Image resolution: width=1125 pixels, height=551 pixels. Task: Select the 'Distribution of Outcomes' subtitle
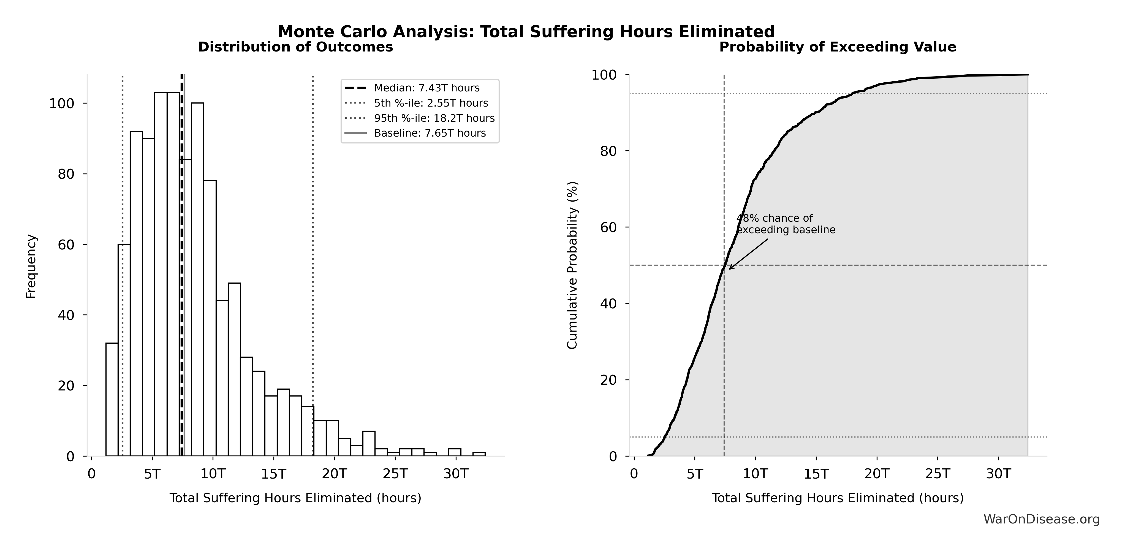(296, 47)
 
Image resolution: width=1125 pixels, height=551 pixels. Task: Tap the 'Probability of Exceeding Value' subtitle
(838, 47)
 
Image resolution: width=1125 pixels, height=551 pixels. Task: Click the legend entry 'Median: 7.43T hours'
(427, 88)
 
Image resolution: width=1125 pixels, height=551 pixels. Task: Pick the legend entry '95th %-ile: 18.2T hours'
(434, 118)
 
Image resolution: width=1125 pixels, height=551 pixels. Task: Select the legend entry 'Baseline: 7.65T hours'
(430, 133)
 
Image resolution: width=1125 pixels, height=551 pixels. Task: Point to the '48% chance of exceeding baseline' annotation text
(785, 224)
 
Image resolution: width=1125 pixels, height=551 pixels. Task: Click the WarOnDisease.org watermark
(1041, 519)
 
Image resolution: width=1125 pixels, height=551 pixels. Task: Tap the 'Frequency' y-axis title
(31, 266)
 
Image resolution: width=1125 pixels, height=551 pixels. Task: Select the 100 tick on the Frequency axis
(62, 104)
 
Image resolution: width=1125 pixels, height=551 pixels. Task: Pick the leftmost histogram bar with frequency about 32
(112, 400)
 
